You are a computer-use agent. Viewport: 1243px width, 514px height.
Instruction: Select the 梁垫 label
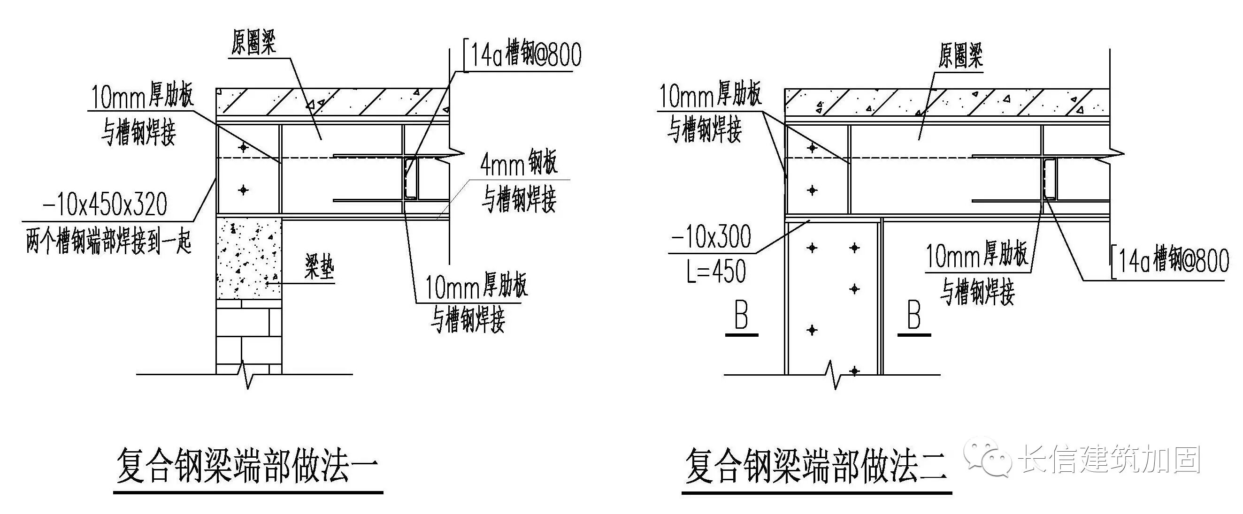click(x=319, y=267)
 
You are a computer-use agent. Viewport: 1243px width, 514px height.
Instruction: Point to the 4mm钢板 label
click(x=519, y=164)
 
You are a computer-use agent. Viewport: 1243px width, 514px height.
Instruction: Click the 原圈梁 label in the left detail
click(x=253, y=42)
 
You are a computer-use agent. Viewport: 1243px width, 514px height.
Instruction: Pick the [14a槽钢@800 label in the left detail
click(x=522, y=54)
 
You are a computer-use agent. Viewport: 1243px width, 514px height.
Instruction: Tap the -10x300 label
click(x=711, y=237)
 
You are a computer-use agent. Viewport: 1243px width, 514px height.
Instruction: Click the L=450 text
click(x=716, y=271)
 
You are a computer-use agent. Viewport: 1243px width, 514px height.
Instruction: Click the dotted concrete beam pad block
click(x=248, y=259)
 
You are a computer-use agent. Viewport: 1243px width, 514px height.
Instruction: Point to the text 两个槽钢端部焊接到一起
click(x=108, y=242)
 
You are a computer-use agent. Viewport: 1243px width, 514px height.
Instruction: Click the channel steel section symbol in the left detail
click(x=411, y=177)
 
